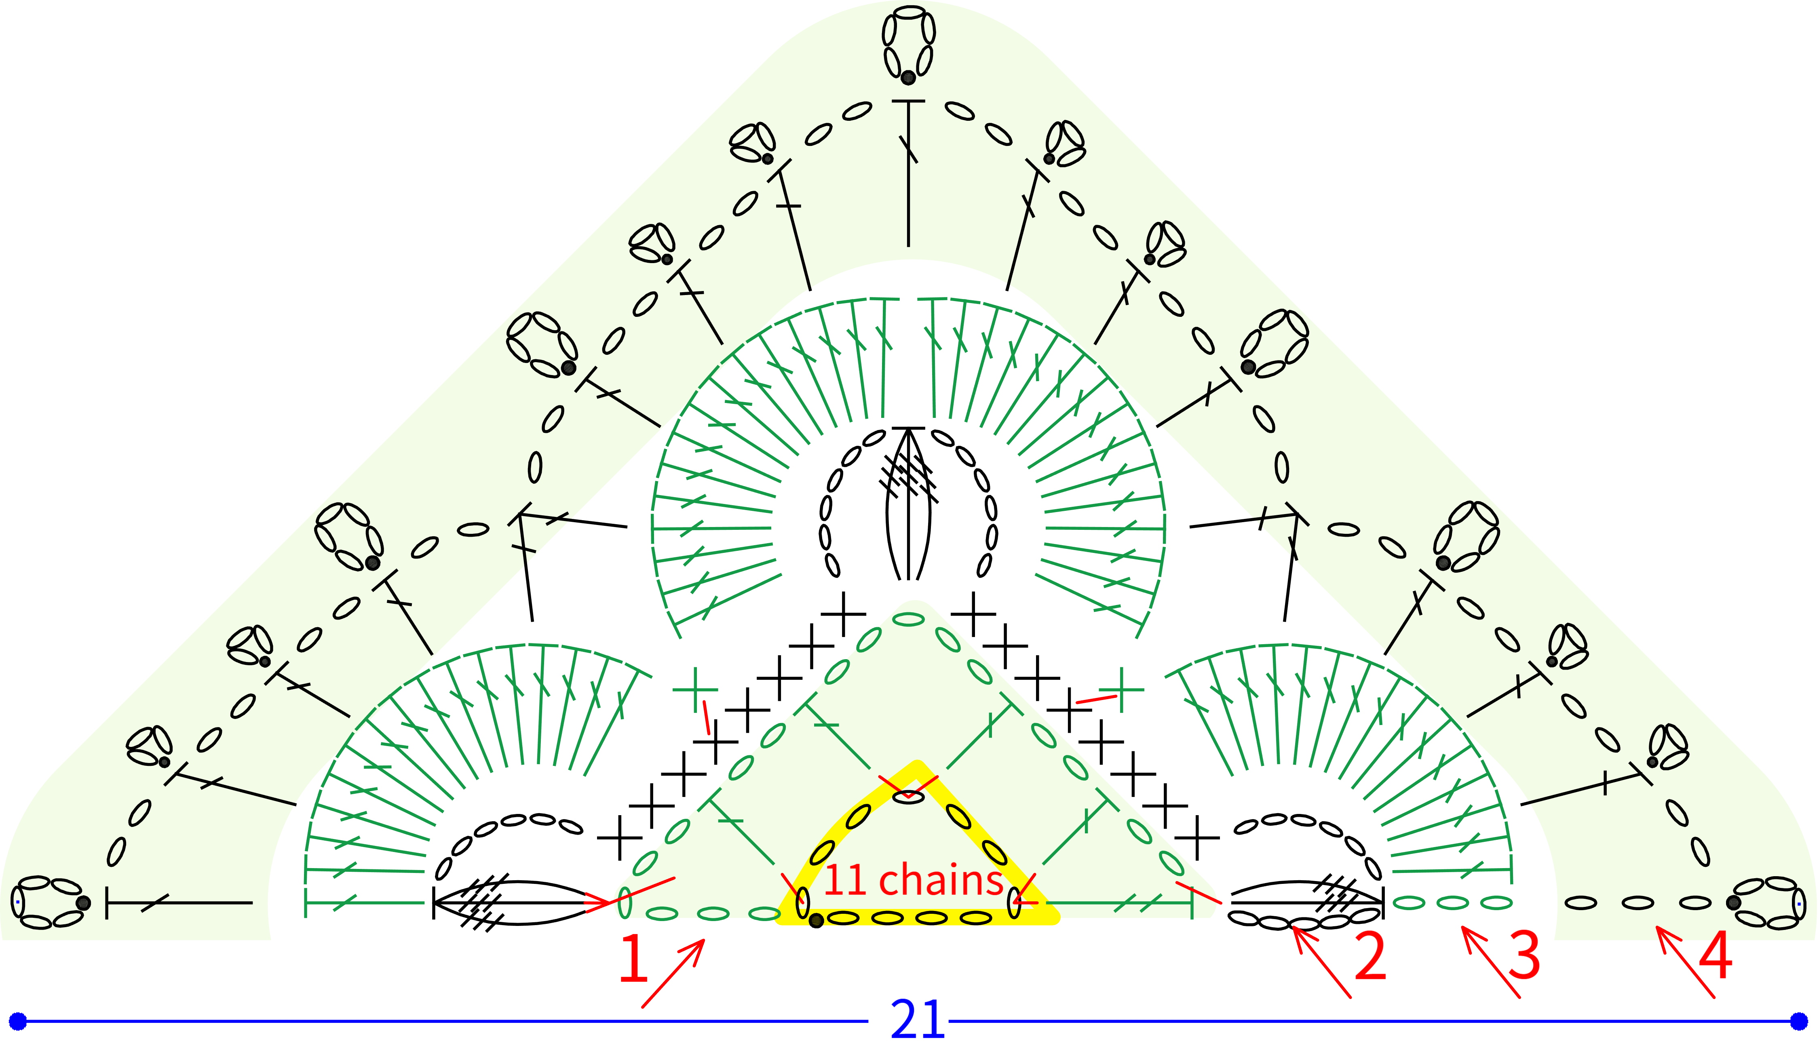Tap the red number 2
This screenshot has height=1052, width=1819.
point(1370,957)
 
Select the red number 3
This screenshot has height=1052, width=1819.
point(1524,957)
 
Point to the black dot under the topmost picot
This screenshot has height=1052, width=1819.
point(908,77)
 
